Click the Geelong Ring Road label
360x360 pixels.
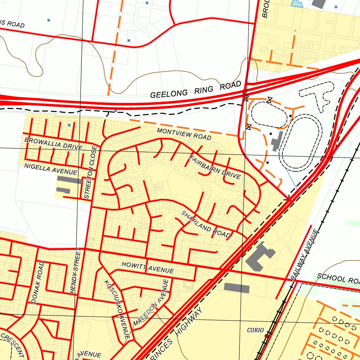point(196,90)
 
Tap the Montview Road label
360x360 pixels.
point(184,134)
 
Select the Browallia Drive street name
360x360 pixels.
point(53,143)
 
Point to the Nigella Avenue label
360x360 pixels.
point(51,169)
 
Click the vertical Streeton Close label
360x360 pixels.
point(88,172)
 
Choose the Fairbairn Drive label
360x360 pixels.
point(215,167)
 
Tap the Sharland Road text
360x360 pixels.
point(206,224)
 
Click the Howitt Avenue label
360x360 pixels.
point(148,268)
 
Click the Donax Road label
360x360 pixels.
point(37,282)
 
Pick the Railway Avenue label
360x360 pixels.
point(304,254)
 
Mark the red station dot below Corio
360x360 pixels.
point(266,336)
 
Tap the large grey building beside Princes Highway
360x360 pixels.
point(259,256)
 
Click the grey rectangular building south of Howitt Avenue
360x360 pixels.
point(237,288)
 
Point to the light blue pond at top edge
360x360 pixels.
point(297,4)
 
